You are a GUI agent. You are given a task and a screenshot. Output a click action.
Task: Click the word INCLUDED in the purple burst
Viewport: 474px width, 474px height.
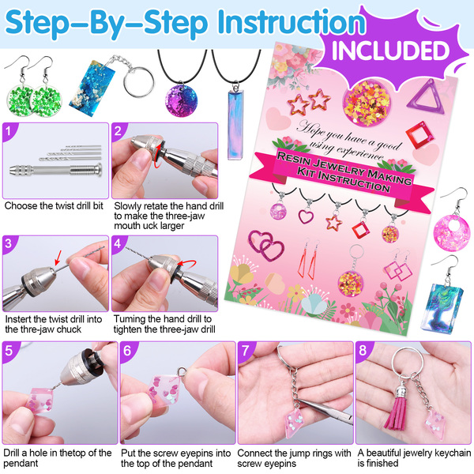click(391, 51)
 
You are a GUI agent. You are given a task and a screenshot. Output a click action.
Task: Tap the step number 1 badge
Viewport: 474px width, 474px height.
click(9, 131)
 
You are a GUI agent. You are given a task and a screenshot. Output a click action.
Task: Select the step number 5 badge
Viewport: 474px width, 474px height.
click(9, 350)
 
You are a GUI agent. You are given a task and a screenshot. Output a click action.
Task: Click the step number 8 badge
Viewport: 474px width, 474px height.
click(363, 350)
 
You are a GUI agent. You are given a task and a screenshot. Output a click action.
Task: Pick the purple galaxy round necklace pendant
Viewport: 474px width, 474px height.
click(181, 100)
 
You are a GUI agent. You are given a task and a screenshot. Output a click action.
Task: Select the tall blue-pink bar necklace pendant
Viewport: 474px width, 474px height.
click(235, 124)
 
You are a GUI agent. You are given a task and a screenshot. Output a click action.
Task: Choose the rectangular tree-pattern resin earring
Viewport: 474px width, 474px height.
click(440, 308)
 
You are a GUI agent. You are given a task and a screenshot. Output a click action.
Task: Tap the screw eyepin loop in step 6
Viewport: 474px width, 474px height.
click(182, 371)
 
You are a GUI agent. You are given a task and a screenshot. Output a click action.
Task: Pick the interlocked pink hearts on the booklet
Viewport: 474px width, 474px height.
click(266, 246)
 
